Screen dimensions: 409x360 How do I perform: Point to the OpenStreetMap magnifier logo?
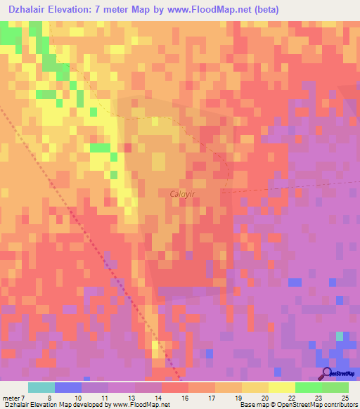tap(326, 373)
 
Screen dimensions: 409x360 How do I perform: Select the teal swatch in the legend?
tap(41, 387)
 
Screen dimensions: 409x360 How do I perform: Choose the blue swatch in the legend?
tap(68, 387)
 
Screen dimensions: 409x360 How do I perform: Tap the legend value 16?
tap(184, 398)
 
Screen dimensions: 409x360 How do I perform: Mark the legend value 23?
tap(318, 398)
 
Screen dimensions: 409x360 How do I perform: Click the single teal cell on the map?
tap(340, 336)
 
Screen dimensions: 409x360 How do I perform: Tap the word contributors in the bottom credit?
tap(341, 405)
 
